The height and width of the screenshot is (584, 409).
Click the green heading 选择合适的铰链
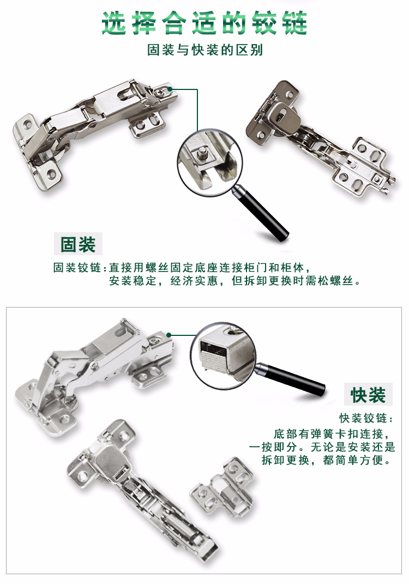tap(204, 23)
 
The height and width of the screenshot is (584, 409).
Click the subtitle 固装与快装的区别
tap(204, 51)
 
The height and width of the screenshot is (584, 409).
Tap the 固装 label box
tap(78, 244)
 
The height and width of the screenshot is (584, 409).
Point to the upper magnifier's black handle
tap(267, 215)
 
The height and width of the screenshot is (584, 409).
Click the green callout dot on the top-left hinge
tap(170, 88)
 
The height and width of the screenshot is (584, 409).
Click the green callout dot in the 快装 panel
tap(170, 335)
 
